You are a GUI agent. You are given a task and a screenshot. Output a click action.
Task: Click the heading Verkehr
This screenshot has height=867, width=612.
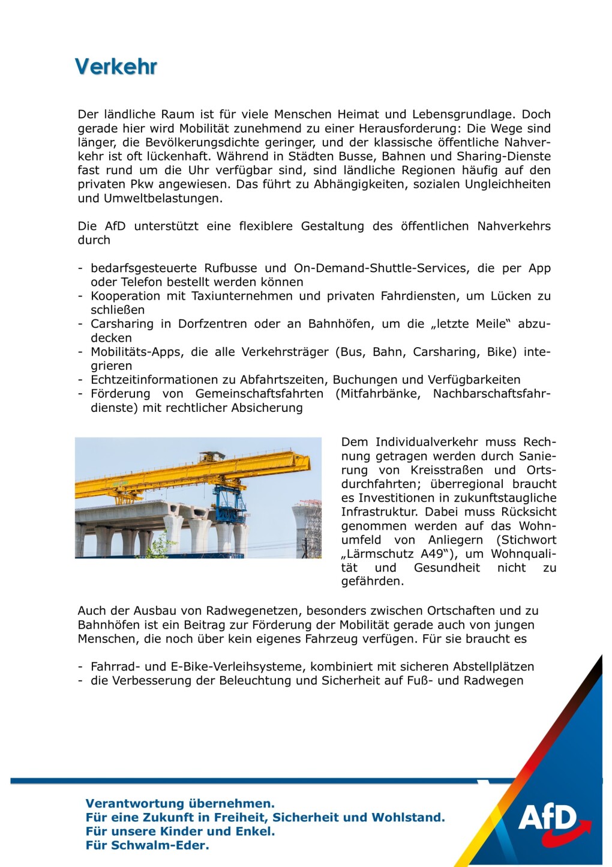(x=116, y=67)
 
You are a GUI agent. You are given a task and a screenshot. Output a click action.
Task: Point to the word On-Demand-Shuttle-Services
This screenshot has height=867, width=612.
(x=380, y=268)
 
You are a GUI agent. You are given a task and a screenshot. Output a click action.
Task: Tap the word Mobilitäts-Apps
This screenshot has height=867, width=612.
(x=136, y=352)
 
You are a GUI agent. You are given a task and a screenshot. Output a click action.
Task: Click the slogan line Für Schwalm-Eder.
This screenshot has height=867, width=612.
(x=148, y=845)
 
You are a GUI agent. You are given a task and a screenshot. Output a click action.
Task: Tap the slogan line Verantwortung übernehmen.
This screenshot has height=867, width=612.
(x=180, y=803)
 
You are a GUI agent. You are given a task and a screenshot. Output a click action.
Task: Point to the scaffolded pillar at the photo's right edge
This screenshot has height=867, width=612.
(x=307, y=528)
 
